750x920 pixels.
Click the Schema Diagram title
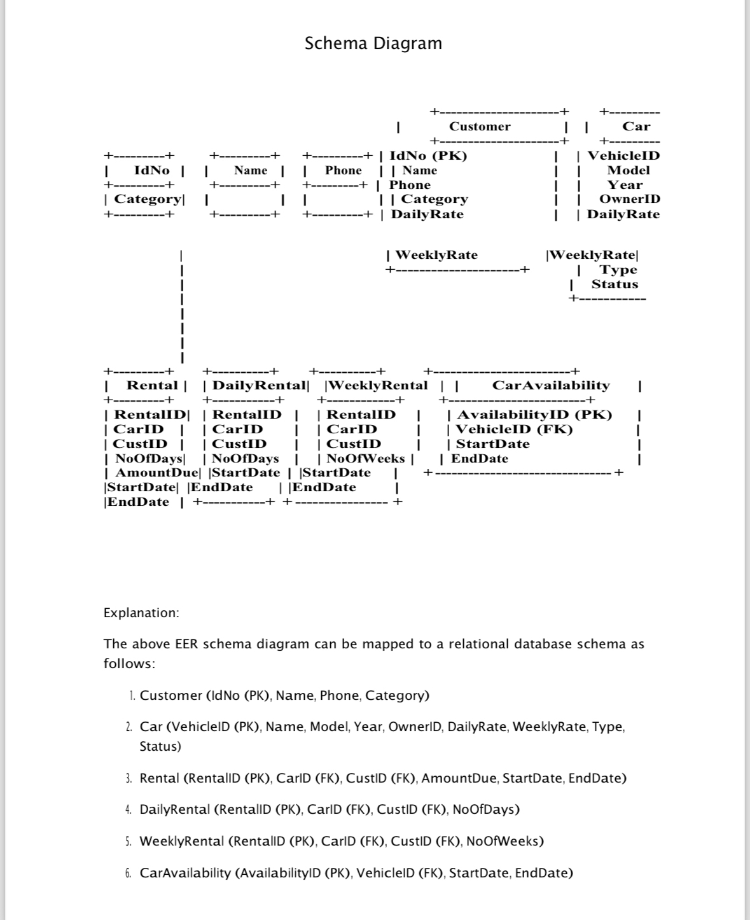373,43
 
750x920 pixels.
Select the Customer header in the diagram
480,127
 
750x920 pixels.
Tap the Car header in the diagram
636,127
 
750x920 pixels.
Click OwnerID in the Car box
629,199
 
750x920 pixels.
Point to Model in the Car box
628,170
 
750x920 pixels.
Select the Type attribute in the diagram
618,270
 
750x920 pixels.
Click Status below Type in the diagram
615,284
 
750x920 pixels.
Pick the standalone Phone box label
343,171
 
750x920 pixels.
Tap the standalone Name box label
251,171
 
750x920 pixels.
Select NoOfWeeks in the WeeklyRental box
365,459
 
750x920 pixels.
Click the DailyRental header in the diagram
258,386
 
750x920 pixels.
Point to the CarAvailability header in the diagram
551,386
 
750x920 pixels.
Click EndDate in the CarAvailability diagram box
480,459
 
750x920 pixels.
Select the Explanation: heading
141,613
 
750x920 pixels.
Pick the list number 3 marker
128,779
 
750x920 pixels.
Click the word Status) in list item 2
160,746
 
